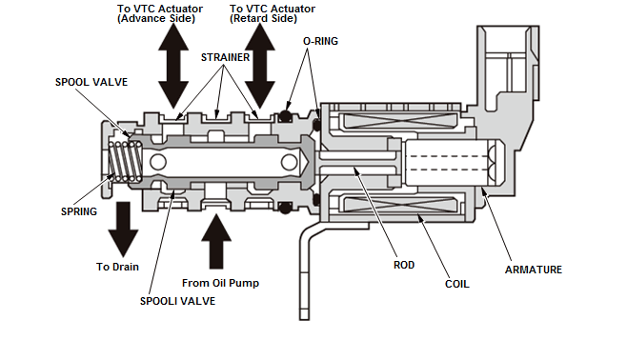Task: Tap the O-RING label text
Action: [319, 41]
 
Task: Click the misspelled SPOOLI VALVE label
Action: [176, 301]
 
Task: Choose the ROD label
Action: [403, 265]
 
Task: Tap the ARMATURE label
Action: [533, 270]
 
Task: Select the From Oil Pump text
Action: [222, 283]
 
